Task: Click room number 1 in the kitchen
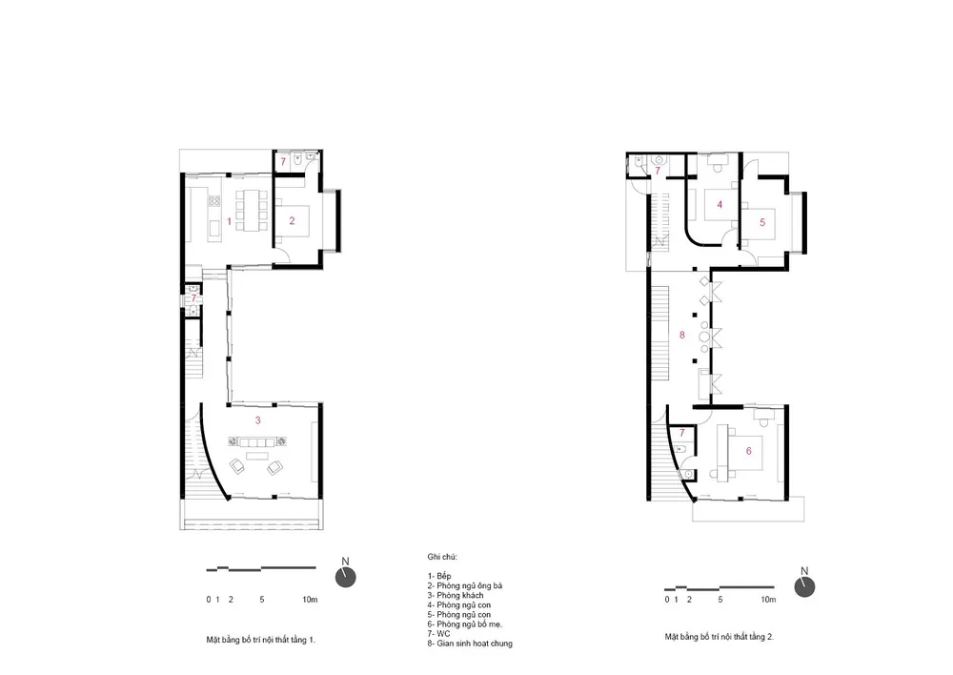pyautogui.click(x=229, y=221)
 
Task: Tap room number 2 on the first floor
pyautogui.click(x=292, y=221)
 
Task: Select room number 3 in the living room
pyautogui.click(x=258, y=420)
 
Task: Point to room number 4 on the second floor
pyautogui.click(x=720, y=205)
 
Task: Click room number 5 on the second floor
pyautogui.click(x=762, y=222)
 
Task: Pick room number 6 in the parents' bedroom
pyautogui.click(x=749, y=451)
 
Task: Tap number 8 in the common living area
pyautogui.click(x=682, y=335)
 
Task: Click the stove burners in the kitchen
pyautogui.click(x=214, y=200)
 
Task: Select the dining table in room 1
pyautogui.click(x=251, y=210)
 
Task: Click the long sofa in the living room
pyautogui.click(x=257, y=442)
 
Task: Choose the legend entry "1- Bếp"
pyautogui.click(x=439, y=576)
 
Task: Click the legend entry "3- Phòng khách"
pyautogui.click(x=456, y=595)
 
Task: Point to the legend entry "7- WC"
pyautogui.click(x=438, y=634)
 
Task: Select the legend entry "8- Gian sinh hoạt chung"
pyautogui.click(x=470, y=644)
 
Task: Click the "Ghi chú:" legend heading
pyautogui.click(x=442, y=557)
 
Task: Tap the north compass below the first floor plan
pyautogui.click(x=346, y=577)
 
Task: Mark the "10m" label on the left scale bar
pyautogui.click(x=310, y=600)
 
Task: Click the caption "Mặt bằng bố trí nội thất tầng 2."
pyautogui.click(x=719, y=637)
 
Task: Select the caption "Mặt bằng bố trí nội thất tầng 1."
pyautogui.click(x=261, y=641)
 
